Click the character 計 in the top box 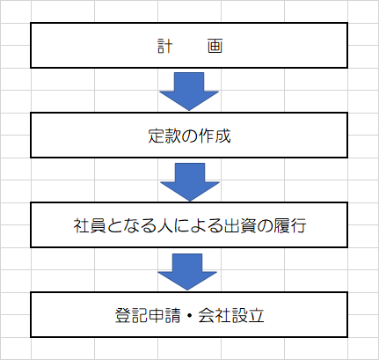tap(165, 46)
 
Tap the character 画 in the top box tap(215, 46)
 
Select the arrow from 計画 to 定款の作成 tap(189, 92)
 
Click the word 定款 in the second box tap(164, 136)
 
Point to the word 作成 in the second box tap(215, 136)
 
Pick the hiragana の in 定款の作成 tap(189, 136)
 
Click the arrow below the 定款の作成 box tap(190, 182)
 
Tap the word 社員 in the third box tap(90, 226)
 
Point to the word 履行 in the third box tap(290, 226)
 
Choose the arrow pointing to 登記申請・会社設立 tap(187, 272)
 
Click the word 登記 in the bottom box tap(131, 315)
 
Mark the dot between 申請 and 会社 tap(189, 316)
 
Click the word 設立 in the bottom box tap(248, 315)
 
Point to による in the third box tap(198, 226)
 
